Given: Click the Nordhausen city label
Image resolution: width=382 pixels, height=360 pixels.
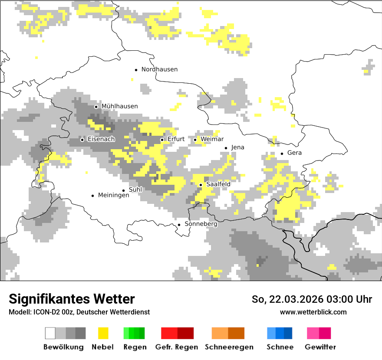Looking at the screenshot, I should pos(159,69).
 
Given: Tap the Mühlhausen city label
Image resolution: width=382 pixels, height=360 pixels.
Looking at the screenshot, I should pos(119,106).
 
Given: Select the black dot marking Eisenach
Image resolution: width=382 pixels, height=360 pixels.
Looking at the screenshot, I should pos(82,140).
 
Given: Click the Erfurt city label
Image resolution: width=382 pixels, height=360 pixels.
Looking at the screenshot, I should pos(176,139).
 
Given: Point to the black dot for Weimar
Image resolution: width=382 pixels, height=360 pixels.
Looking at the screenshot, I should pos(195,140).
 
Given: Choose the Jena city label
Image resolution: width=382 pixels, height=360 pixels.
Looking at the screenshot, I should pos(237,147).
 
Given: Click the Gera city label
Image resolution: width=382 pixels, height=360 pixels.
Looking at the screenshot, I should pos(294,153).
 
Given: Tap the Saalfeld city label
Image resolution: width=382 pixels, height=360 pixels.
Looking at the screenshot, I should pos(218,184).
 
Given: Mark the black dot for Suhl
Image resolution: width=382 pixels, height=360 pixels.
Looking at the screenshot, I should pos(124,190).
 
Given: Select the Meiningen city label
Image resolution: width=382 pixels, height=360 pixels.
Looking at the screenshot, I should pos(113,196).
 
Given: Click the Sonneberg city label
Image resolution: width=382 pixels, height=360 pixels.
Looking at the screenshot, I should pos(201,224).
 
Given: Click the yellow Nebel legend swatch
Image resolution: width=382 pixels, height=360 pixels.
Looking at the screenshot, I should pos(103,333).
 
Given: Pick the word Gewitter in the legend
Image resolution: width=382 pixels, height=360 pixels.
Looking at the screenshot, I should pos(320,347).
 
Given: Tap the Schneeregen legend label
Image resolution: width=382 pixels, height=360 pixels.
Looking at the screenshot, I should pos(229,347).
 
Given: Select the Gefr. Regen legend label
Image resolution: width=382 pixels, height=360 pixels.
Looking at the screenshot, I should pos(177,347).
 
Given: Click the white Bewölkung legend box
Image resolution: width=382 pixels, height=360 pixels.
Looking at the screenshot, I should pos(50,333).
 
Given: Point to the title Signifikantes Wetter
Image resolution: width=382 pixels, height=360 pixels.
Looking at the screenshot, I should pos(72,299).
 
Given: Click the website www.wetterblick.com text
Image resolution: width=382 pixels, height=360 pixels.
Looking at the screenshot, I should pos(313,312).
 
